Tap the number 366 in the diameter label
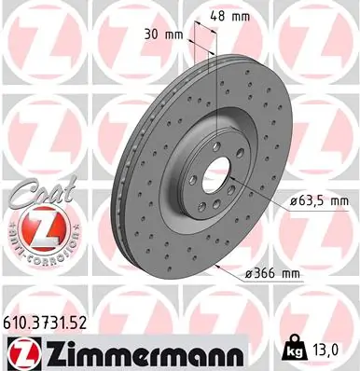[x=266, y=273]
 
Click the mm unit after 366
[x=291, y=273]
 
